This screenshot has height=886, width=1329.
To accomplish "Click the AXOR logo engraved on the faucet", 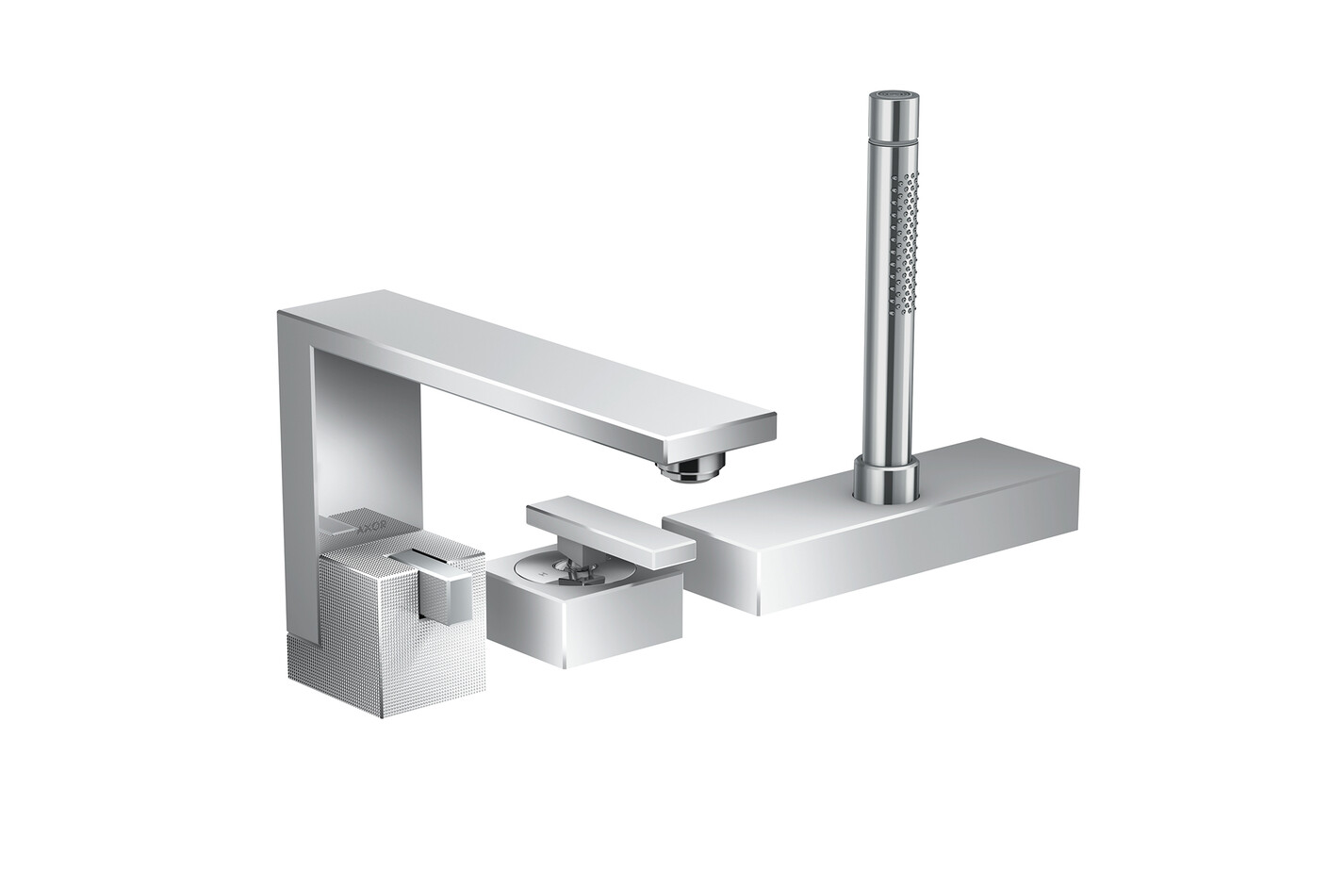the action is pyautogui.click(x=372, y=525).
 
